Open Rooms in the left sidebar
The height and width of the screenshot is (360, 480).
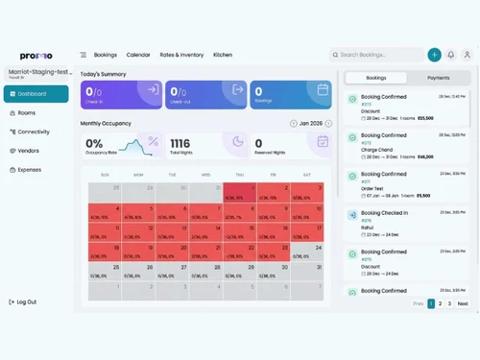pyautogui.click(x=26, y=113)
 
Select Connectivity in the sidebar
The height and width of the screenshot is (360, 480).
pyautogui.click(x=33, y=132)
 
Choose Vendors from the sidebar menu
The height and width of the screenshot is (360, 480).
pyautogui.click(x=28, y=151)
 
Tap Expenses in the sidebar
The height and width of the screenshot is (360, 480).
pyautogui.click(x=30, y=169)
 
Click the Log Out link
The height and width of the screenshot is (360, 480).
pyautogui.click(x=26, y=301)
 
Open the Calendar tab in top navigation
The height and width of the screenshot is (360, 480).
pyautogui.click(x=138, y=55)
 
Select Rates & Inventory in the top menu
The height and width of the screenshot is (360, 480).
pyautogui.click(x=181, y=55)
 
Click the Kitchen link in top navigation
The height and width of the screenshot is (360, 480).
pyautogui.click(x=223, y=55)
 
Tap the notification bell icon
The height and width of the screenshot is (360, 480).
pyautogui.click(x=450, y=55)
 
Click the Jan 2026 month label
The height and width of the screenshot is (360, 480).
pyautogui.click(x=311, y=124)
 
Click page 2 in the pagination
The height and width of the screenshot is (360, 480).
pyautogui.click(x=440, y=303)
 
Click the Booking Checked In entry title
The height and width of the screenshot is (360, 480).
pyautogui.click(x=384, y=213)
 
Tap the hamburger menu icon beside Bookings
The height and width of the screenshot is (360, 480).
pyautogui.click(x=84, y=55)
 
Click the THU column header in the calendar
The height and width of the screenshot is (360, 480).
pyautogui.click(x=240, y=175)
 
